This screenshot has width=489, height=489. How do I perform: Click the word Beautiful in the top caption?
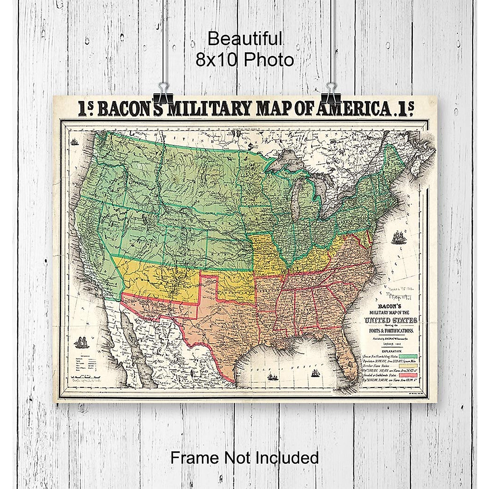click(245, 39)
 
